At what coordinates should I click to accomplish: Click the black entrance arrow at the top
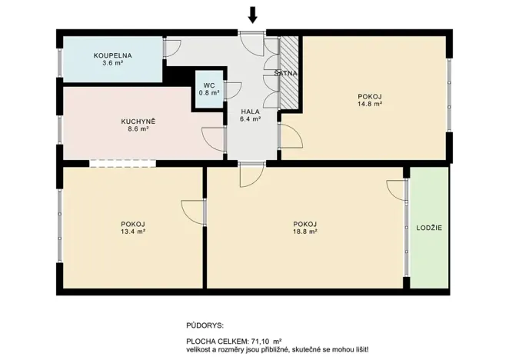[252, 13]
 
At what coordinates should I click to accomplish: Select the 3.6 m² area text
[112, 64]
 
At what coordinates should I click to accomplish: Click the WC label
[209, 85]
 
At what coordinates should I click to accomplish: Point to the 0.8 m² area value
[209, 93]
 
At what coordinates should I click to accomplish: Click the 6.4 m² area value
[251, 120]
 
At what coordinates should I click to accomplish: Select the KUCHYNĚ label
[138, 121]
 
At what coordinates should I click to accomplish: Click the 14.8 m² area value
[370, 105]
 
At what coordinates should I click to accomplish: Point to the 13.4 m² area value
[133, 232]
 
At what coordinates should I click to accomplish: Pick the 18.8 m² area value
[305, 232]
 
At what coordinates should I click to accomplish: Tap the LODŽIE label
[429, 228]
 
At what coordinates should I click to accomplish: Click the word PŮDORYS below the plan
[204, 326]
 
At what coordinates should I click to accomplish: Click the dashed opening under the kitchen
[123, 162]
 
